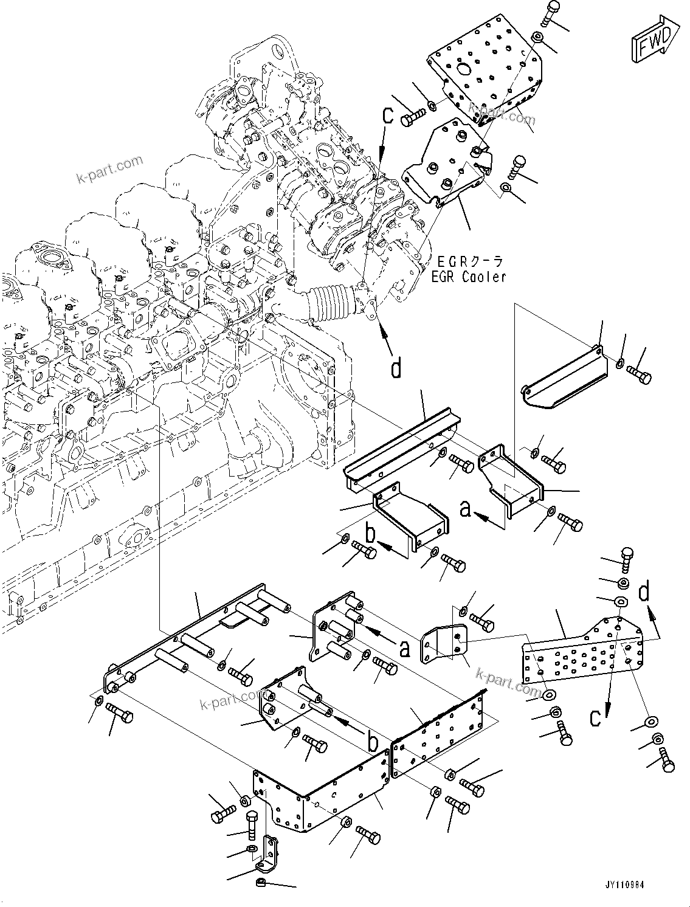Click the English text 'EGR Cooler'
471,277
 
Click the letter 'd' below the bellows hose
396,368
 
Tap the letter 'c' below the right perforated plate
597,718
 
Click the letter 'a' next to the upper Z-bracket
466,509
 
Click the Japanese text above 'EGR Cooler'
471,262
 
